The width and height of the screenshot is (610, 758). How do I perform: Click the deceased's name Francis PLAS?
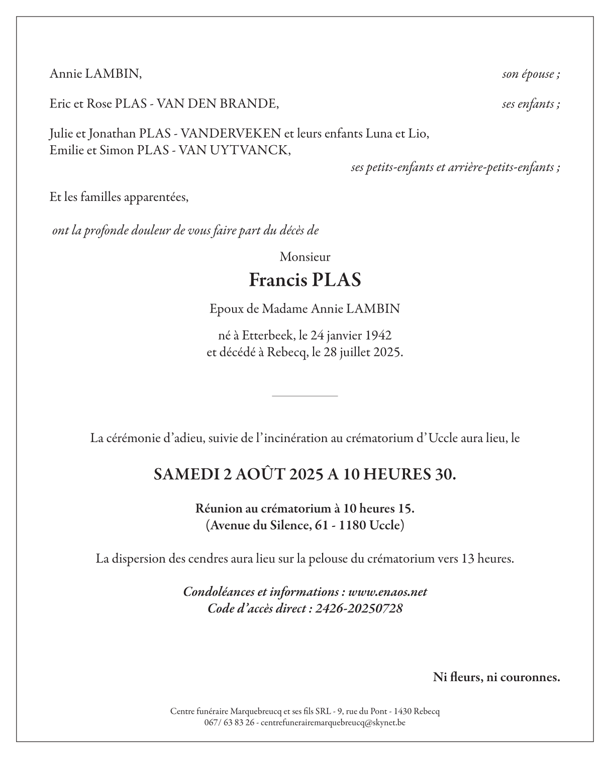point(305,280)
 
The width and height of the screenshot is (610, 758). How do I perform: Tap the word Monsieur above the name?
point(305,257)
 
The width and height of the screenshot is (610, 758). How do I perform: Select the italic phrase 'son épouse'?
point(529,75)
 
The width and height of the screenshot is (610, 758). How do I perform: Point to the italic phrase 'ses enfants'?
point(529,104)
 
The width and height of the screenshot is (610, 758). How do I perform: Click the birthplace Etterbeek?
point(267,335)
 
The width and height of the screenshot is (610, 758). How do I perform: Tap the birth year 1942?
point(378,335)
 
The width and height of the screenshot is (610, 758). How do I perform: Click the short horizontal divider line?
point(304,396)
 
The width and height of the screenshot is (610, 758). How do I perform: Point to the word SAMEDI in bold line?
point(185,474)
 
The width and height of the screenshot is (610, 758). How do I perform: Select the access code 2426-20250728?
point(359,609)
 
